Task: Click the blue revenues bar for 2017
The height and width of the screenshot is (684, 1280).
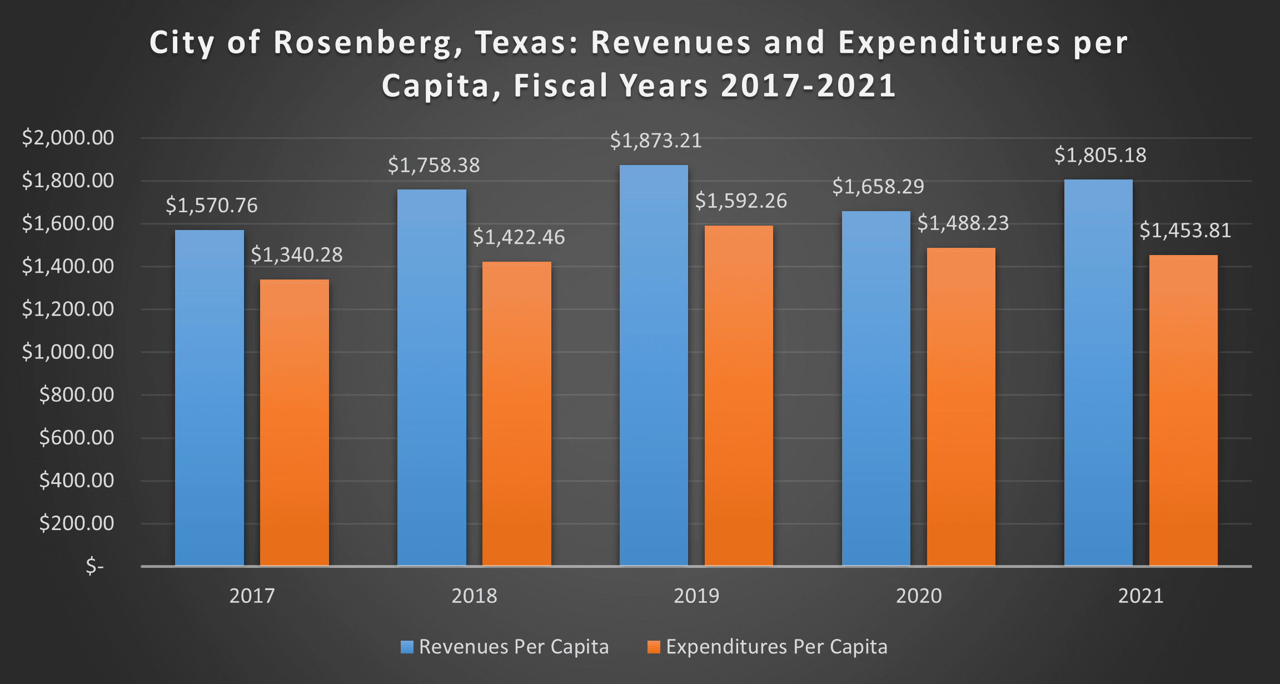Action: (209, 398)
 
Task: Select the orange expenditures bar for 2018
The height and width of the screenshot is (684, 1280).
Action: (516, 414)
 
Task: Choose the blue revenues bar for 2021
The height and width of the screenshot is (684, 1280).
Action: (1098, 372)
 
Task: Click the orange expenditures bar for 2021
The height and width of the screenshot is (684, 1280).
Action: (1183, 411)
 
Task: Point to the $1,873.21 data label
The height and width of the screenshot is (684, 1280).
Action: (656, 141)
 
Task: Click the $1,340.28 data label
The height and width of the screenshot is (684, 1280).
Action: (297, 254)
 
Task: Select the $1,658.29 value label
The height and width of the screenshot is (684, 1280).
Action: (878, 187)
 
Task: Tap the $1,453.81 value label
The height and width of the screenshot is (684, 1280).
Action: (1186, 230)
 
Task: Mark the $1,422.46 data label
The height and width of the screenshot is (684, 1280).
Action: (519, 237)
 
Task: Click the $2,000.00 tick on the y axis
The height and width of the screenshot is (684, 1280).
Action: (68, 137)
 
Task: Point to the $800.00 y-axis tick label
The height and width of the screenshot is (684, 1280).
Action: (77, 395)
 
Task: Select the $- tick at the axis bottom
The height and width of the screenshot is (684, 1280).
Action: (95, 566)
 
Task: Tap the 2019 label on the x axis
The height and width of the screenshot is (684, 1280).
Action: (696, 596)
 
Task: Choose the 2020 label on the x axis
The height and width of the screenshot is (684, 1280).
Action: (919, 596)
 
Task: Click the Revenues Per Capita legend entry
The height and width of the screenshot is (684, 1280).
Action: (505, 647)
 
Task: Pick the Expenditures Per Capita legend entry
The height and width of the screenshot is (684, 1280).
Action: (768, 647)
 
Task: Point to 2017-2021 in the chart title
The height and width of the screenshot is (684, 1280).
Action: (808, 86)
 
